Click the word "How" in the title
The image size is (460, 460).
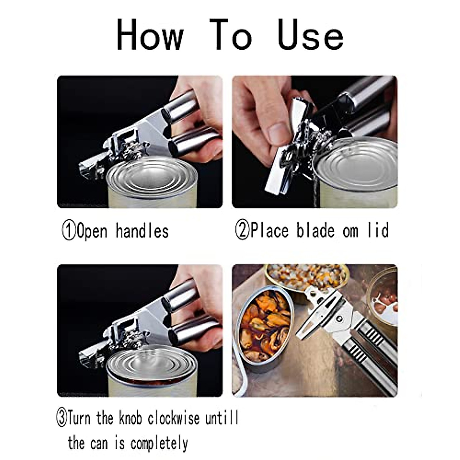point(150,35)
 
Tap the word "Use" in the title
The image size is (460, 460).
point(310,35)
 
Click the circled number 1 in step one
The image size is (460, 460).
point(69,232)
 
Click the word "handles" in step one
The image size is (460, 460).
point(142,231)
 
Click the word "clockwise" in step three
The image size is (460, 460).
point(174,418)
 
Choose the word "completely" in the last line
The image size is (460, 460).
point(159,444)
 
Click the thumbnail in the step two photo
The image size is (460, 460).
point(279,131)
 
